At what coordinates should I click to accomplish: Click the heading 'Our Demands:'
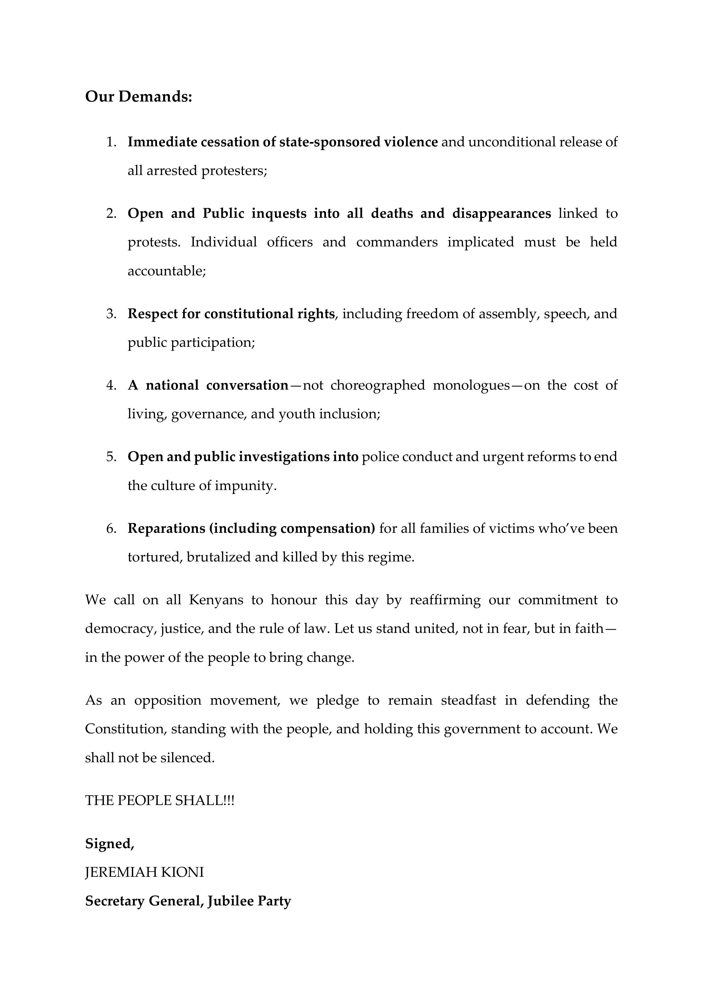click(x=139, y=97)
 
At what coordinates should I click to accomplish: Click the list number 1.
click(x=111, y=142)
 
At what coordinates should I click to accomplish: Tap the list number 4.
click(x=111, y=385)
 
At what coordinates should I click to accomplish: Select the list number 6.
click(x=111, y=528)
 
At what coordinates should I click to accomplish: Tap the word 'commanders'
click(x=397, y=242)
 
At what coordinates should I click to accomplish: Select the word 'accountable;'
click(x=166, y=271)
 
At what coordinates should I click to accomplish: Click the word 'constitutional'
click(x=248, y=314)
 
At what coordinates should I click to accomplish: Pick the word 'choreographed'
click(x=378, y=385)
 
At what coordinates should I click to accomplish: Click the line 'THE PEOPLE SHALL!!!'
click(x=159, y=800)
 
